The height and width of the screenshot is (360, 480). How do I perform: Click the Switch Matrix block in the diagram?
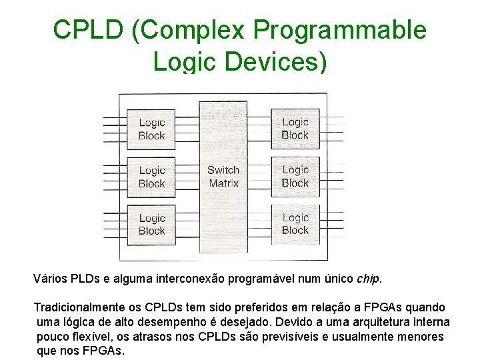point(223,177)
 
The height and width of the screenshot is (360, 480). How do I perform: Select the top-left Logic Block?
point(151,129)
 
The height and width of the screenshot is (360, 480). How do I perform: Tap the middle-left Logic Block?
point(151,177)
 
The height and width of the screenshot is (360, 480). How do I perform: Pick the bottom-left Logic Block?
point(151,225)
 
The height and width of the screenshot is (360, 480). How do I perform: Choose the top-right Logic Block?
point(295,128)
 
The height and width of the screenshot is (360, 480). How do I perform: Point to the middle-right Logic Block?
point(295,176)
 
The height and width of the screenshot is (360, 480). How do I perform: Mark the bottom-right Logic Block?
point(295,224)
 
